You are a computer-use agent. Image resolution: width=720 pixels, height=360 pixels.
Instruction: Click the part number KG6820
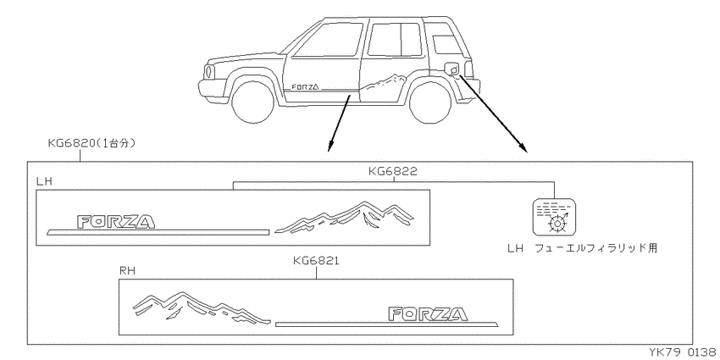(72, 144)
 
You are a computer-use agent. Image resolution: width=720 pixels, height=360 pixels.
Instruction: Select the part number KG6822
(393, 172)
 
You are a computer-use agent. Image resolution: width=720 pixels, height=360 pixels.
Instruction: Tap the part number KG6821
(317, 261)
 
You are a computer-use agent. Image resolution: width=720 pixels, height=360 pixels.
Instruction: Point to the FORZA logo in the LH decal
(116, 222)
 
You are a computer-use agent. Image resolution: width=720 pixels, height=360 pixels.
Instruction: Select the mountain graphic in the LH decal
(345, 217)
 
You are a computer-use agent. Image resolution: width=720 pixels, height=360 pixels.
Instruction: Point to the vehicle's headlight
(209, 72)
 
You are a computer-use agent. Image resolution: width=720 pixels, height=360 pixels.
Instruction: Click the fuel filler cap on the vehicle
(453, 69)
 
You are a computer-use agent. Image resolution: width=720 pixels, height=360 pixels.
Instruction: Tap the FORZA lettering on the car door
(305, 86)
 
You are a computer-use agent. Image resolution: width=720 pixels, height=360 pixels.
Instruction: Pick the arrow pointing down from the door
(339, 123)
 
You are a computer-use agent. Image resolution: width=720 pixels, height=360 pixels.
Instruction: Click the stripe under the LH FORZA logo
(158, 231)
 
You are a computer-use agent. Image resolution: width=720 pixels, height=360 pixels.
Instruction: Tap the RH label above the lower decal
(126, 271)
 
